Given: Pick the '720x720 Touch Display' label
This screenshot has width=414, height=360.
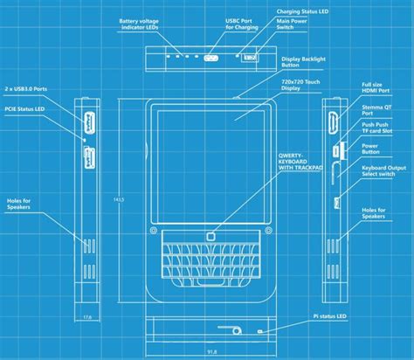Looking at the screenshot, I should point(300,86).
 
